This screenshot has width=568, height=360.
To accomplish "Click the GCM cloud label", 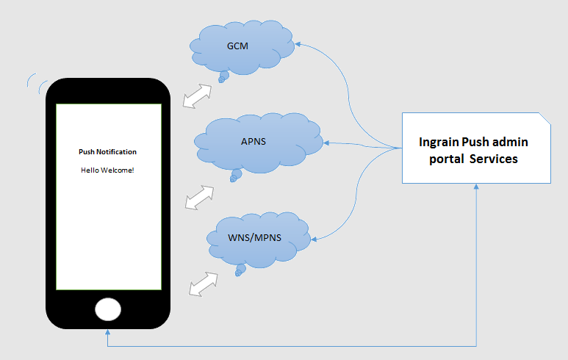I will click(x=237, y=46).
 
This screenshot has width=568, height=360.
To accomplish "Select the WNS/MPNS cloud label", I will click(x=258, y=236).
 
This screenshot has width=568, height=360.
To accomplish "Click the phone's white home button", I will click(x=108, y=309).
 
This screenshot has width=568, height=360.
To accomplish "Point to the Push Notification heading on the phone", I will click(x=107, y=152).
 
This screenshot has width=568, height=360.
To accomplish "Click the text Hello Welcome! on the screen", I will click(x=107, y=170).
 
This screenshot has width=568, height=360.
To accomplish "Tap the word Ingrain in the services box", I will click(x=439, y=142).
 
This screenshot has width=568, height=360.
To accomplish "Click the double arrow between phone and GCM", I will click(x=196, y=96).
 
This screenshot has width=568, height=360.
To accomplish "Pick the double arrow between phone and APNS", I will click(x=199, y=197).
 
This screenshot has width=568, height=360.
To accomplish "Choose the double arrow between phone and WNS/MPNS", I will click(x=204, y=284).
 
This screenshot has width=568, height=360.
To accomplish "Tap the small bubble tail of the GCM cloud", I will click(x=221, y=76).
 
